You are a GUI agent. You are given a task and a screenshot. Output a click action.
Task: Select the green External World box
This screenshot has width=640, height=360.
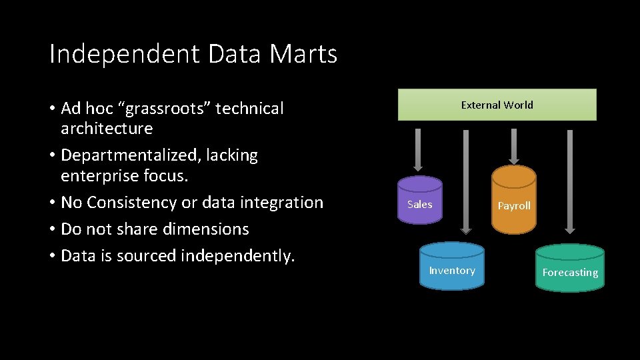pos(497,105)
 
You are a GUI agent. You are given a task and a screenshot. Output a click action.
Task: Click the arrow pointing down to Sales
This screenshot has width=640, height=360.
pos(417,150)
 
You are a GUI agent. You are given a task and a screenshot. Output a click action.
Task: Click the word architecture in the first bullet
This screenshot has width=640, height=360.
pos(107,128)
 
